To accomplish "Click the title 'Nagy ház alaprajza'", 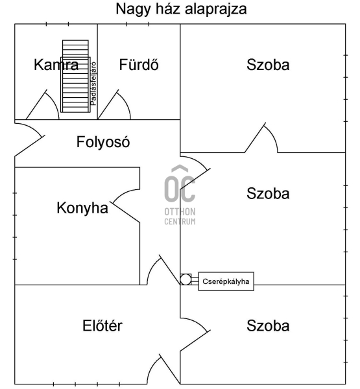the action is coord(181,10).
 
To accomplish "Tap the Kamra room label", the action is coord(56,65).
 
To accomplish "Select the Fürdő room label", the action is coord(139,64).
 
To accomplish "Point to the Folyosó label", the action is coord(103,142).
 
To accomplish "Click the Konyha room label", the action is coord(82,208).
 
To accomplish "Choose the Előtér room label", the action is coord(102,325).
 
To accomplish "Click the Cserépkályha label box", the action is coord(226,281).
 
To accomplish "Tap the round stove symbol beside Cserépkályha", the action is coord(186,279).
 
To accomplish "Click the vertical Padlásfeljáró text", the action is coord(93,84).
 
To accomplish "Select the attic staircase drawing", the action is coord(75,76).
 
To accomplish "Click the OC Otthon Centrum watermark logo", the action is coord(180,195).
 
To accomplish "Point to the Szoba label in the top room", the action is coord(268,65).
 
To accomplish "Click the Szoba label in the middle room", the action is coord(268,193).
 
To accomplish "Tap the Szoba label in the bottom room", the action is coord(268,325).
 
